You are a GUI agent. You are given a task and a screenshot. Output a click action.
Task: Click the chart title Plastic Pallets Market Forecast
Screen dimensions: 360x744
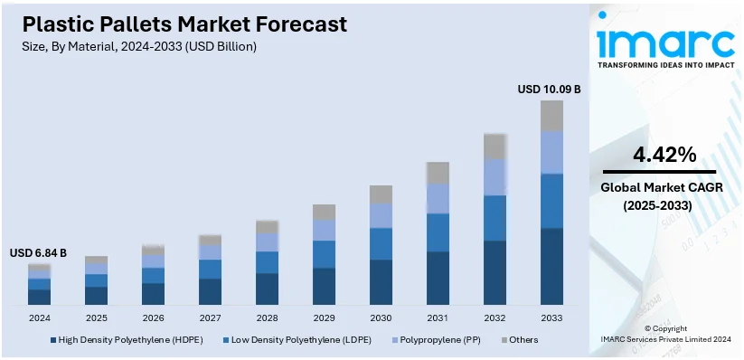[x=178, y=24]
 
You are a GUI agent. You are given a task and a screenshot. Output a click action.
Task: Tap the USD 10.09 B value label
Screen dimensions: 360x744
[x=548, y=90]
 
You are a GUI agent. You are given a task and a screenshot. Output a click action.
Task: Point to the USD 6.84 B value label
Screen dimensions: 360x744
[x=38, y=253]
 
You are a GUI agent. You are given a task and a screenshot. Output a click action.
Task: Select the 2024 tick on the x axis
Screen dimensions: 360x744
[x=40, y=318]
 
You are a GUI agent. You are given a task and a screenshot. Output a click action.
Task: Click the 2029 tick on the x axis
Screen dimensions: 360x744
[x=324, y=318]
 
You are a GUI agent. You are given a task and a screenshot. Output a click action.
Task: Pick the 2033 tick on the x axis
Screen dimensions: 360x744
[x=551, y=318]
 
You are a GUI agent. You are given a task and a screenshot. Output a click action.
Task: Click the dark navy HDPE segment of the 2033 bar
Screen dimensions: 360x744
[x=551, y=266]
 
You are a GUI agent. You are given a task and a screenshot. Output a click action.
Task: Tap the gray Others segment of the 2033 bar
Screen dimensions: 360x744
[x=551, y=116]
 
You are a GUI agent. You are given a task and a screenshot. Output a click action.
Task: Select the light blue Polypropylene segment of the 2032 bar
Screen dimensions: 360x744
[x=494, y=177]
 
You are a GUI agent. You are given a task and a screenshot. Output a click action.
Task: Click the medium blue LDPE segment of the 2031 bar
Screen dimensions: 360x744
[x=438, y=232]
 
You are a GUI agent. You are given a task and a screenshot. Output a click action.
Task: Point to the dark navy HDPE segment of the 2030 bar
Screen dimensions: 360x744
[x=381, y=282]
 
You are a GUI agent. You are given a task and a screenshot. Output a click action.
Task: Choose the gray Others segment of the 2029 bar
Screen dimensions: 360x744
[x=324, y=213]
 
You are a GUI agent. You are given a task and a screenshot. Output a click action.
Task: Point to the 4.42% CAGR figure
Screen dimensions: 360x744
[x=664, y=155]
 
